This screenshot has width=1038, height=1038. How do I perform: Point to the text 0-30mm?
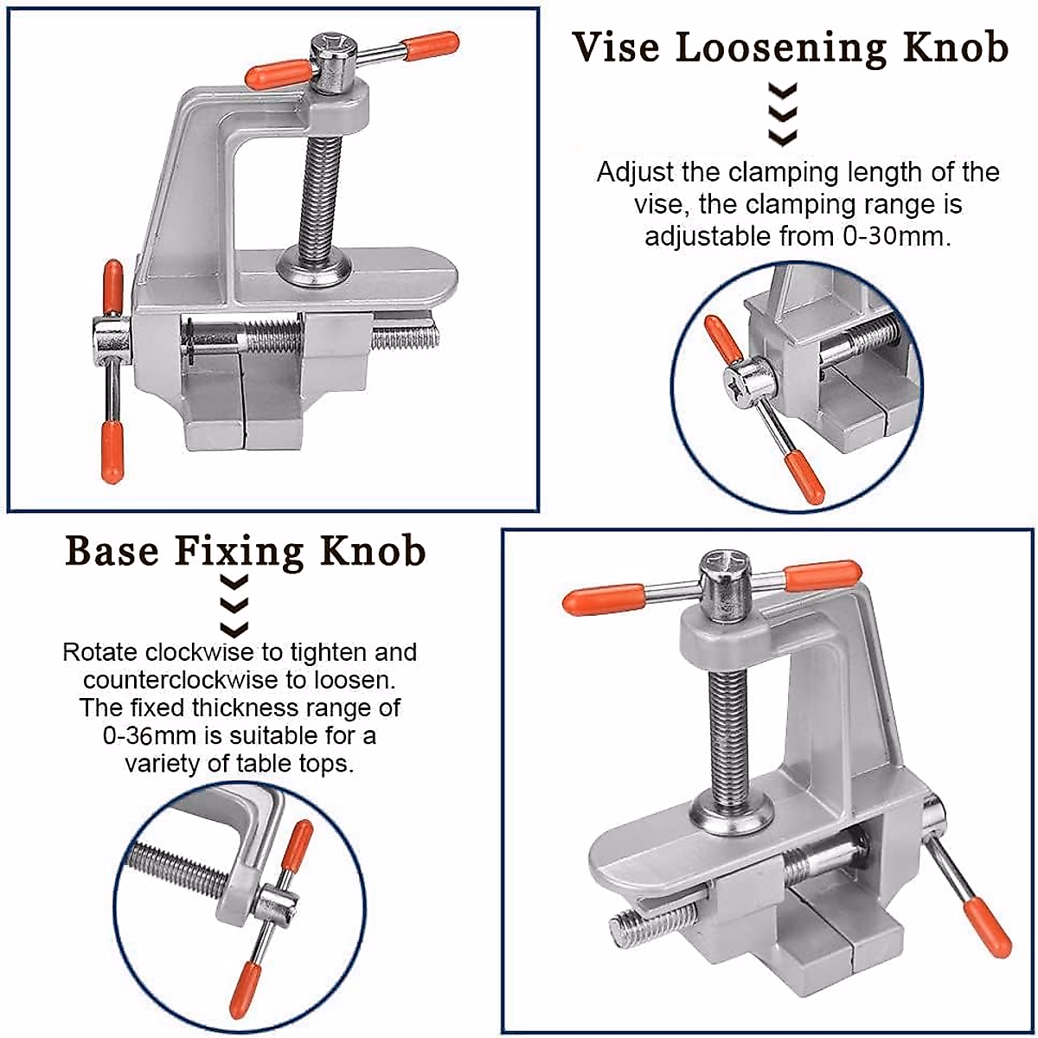tap(894, 236)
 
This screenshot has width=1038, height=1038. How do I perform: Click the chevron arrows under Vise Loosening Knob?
tap(783, 115)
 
